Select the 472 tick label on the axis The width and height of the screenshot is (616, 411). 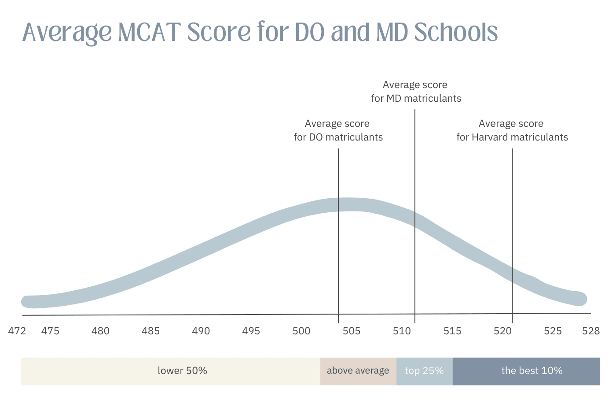click(17, 331)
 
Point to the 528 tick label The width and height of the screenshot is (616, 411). click(591, 331)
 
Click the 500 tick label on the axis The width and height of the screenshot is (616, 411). click(301, 331)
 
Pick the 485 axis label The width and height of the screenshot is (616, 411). click(150, 331)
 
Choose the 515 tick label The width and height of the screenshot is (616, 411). click(452, 331)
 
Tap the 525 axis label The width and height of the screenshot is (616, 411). click(553, 331)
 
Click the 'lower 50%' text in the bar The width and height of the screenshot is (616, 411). click(182, 371)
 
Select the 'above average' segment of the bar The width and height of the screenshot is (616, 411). click(358, 371)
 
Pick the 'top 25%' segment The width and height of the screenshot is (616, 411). click(424, 371)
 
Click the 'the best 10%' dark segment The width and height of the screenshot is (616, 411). click(532, 371)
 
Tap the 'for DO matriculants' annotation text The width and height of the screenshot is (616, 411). click(338, 137)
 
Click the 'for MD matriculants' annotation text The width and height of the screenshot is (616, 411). click(416, 98)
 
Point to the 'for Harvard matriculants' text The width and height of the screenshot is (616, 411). click(512, 137)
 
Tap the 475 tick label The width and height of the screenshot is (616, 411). click(50, 331)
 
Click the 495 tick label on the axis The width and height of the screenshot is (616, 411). click(251, 331)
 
